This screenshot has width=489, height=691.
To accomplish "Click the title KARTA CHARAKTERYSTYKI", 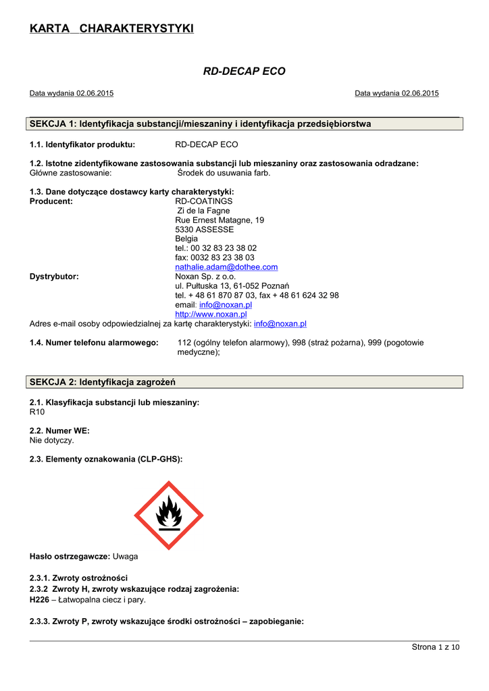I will click(111, 28).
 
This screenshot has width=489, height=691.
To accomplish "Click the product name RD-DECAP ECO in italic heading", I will click(244, 71).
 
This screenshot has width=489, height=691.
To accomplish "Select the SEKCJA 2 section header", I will click(103, 382).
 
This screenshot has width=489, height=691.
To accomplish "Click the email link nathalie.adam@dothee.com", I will click(226, 267).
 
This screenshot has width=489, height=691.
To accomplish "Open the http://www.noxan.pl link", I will click(211, 314).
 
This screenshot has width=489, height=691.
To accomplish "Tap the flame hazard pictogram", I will click(169, 516).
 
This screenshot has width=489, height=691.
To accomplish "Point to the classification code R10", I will click(37, 412).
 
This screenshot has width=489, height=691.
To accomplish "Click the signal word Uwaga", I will click(125, 556).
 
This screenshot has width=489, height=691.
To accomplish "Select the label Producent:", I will click(51, 201).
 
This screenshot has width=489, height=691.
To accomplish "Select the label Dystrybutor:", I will click(54, 277).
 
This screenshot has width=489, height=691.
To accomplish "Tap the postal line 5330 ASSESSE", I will click(204, 229).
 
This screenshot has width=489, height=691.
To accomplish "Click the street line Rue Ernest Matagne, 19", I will click(220, 220).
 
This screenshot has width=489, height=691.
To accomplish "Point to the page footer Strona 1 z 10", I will click(435, 648).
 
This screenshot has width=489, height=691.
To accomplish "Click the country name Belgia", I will click(186, 239).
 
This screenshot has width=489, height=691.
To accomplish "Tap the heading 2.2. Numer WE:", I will click(59, 431).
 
